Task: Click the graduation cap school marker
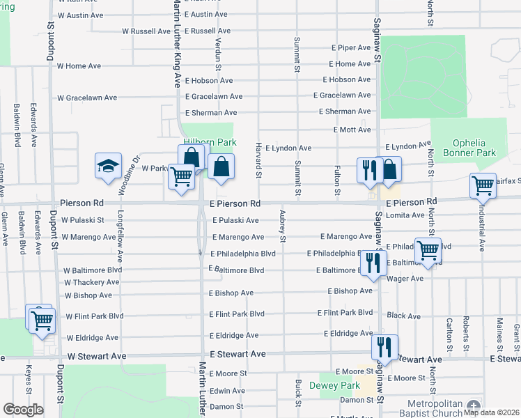[108, 166]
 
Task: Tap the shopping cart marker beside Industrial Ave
[483, 185]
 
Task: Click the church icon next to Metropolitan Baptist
[474, 405]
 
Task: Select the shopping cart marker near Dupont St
[41, 319]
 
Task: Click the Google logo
[24, 410]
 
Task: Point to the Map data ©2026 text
[492, 412]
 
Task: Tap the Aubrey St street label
[283, 226]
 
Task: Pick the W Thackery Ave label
[92, 282]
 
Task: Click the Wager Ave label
[405, 279]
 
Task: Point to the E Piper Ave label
[351, 47]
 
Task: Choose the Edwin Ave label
[227, 391]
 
